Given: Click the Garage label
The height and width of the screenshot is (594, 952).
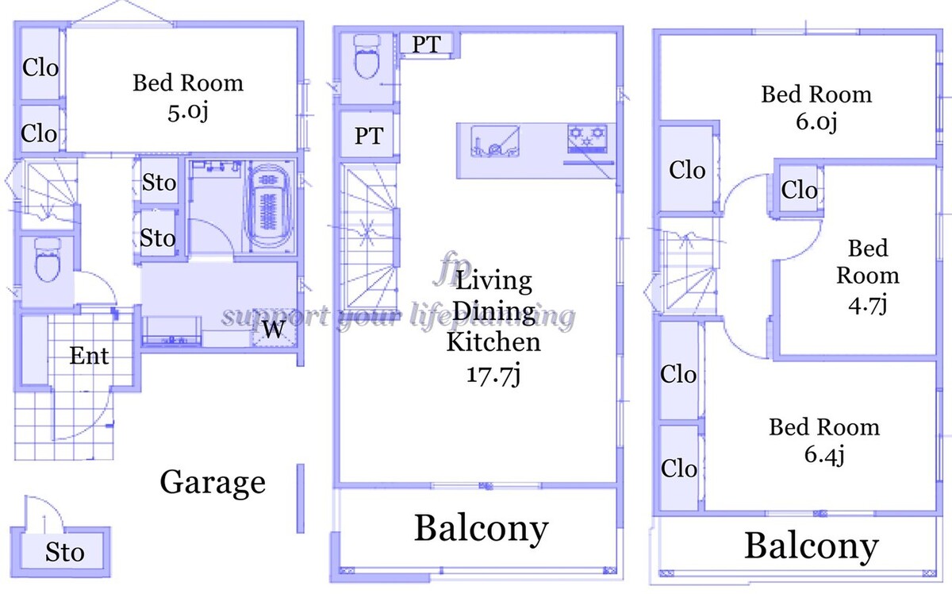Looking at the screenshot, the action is coord(213,483).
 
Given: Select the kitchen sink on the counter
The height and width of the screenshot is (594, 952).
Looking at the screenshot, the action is coord(495,141).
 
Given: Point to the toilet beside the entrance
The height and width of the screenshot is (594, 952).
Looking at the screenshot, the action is coord(47,260).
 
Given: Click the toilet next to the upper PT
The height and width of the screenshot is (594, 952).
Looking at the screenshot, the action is coord(367,56).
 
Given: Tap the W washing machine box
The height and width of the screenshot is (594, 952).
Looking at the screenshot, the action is coord(273,328).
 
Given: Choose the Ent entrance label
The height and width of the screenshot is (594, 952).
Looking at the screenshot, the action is coord(89,356).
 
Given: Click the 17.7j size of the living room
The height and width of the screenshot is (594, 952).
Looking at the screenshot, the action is coord(493,375).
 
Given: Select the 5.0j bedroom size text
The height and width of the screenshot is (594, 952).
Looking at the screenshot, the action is coord(188,111).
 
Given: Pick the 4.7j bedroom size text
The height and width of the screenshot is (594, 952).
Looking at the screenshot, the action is coord(867,305).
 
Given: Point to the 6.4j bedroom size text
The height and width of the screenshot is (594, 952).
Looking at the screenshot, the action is coord(824,454).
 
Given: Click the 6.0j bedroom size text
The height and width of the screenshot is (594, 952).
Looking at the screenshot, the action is coord(816,121).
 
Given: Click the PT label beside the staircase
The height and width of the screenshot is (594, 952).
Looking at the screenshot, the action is coord(369,136).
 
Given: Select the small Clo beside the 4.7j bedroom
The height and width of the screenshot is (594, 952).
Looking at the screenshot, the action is coord(799,190).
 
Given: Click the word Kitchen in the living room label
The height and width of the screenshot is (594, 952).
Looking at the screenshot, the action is coord(493,342).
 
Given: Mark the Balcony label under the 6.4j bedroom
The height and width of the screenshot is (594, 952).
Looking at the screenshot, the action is coord(812,546).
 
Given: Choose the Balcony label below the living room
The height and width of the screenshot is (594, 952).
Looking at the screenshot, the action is coord(481,528).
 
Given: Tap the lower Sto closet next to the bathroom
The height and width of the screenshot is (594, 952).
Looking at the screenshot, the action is coord(158,237).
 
